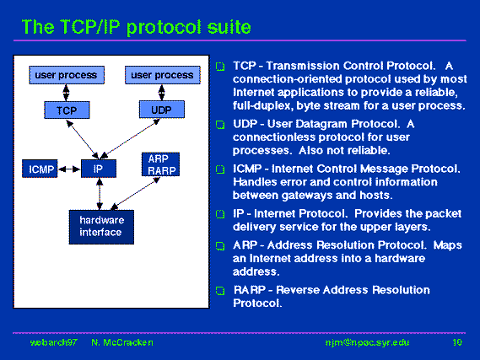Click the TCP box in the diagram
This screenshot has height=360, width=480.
point(67,110)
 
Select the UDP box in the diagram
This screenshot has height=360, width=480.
point(162,110)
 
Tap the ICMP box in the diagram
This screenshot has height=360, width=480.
point(40,169)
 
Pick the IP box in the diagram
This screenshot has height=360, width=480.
point(99,169)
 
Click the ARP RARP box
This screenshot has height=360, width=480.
point(161,164)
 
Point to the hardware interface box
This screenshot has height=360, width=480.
point(101,227)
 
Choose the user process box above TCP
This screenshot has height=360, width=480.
point(67,75)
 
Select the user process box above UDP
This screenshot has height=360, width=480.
point(163,75)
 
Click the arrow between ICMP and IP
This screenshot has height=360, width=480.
point(69,169)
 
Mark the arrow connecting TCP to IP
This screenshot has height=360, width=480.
point(83,139)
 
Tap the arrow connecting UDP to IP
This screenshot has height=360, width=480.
point(130,138)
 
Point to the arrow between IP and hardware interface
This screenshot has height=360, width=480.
point(100,194)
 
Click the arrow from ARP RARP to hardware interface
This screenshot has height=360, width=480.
point(135,194)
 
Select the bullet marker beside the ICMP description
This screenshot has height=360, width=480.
point(220,169)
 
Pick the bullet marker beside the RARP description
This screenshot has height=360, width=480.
point(220,291)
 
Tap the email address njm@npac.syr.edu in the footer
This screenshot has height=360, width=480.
point(367,342)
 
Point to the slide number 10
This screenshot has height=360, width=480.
point(457,342)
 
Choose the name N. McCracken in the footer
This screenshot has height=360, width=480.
point(122,342)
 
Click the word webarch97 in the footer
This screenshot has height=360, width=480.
point(54,342)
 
